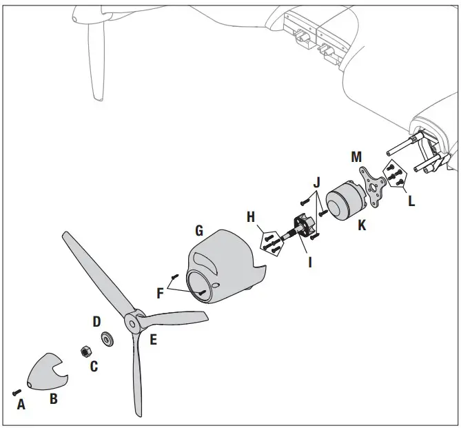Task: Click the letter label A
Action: click(x=21, y=405)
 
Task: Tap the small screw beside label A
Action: click(x=16, y=391)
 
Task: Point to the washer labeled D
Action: click(x=107, y=338)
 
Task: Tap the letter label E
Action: click(x=152, y=339)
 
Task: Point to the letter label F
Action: click(x=161, y=292)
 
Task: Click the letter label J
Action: click(x=316, y=183)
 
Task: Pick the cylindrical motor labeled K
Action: click(x=341, y=199)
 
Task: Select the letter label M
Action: click(x=356, y=158)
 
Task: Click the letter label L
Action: click(x=411, y=202)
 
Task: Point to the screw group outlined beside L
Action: click(x=394, y=175)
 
